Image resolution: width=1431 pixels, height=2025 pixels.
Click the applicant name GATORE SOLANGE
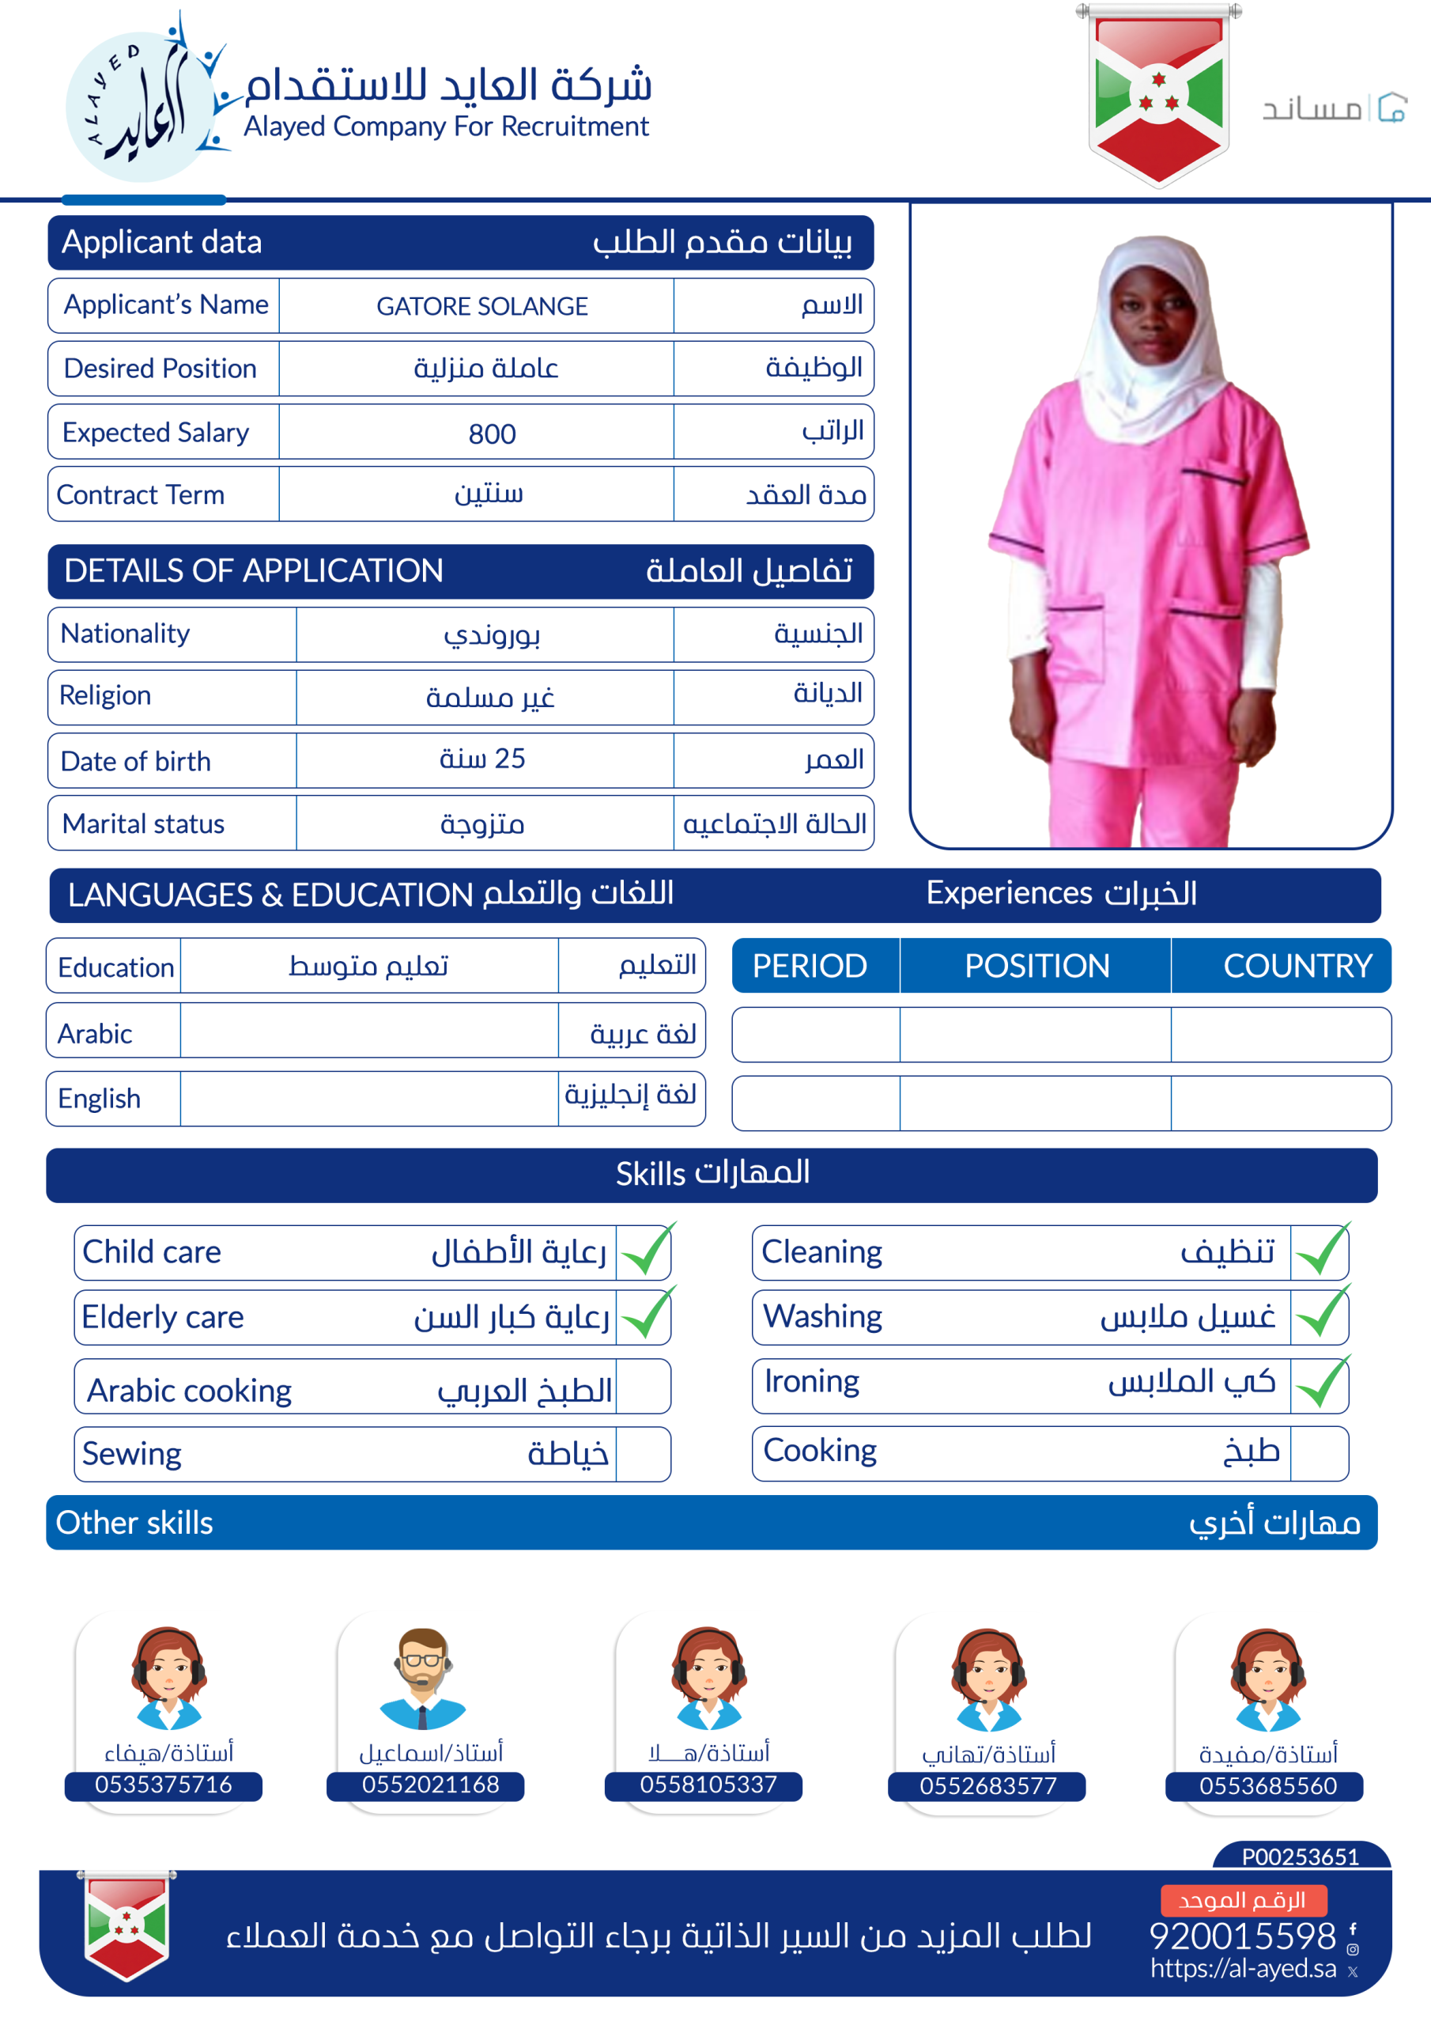[x=481, y=306]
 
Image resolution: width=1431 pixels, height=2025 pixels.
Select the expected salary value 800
[x=491, y=433]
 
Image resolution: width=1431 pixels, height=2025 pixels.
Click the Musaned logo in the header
[x=1333, y=108]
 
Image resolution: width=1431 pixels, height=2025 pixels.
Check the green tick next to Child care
[x=646, y=1251]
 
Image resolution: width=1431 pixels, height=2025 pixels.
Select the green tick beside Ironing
[x=1321, y=1383]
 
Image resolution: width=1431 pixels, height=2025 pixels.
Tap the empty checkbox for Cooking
[x=1318, y=1452]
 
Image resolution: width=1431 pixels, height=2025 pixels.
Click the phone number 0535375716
[x=163, y=1785]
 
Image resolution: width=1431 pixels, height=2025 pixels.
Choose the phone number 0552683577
[x=987, y=1786]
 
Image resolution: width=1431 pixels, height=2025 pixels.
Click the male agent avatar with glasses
[x=422, y=1678]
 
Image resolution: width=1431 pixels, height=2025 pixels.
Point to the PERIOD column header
[x=810, y=966]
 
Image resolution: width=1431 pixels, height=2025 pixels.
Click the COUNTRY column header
[x=1297, y=966]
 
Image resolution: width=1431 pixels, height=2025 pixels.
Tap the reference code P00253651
[x=1300, y=1857]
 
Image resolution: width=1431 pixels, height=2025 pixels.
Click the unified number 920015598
[x=1241, y=1936]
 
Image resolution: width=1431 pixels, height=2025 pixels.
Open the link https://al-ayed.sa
[x=1242, y=1968]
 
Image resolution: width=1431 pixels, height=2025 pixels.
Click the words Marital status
[x=144, y=823]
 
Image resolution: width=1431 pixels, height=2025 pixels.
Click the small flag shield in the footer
[x=127, y=1925]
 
